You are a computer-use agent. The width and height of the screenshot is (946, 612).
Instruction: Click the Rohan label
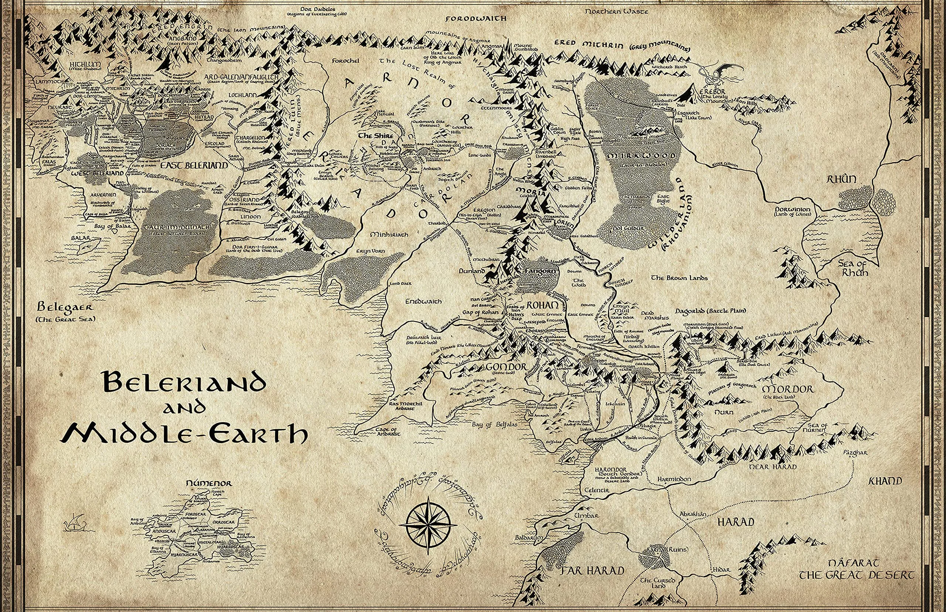tap(540, 306)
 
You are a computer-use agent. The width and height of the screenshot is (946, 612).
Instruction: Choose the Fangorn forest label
tap(539, 269)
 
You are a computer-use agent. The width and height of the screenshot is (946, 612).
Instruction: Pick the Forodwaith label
tap(476, 19)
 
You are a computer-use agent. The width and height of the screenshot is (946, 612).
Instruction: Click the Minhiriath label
tap(389, 234)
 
